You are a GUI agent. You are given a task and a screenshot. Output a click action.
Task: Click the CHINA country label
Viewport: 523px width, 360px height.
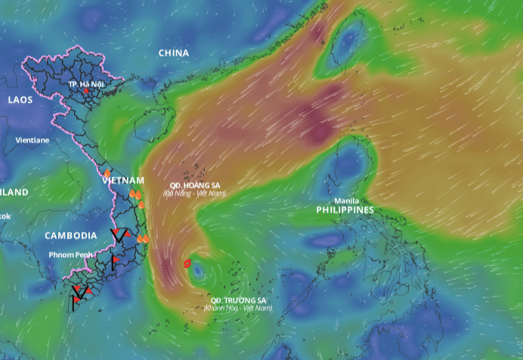(x=174, y=53)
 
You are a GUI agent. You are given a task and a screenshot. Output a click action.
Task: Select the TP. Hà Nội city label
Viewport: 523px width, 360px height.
(x=85, y=83)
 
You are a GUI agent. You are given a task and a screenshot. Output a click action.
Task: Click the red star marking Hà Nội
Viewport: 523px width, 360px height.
(x=86, y=91)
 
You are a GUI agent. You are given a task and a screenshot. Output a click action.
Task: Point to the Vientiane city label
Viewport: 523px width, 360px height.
(x=32, y=140)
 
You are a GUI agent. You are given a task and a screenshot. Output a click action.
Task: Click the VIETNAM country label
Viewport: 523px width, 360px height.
(x=122, y=180)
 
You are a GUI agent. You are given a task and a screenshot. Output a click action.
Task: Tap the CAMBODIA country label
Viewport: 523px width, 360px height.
(x=70, y=235)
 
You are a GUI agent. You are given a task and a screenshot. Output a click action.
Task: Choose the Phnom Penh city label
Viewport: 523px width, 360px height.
(x=71, y=254)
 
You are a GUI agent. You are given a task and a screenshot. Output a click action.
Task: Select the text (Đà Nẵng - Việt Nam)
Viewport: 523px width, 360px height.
(x=195, y=194)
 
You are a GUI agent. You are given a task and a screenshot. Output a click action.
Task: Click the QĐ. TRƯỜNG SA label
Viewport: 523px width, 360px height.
(x=238, y=300)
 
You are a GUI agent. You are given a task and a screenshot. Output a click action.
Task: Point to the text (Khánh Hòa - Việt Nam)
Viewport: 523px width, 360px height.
(x=238, y=308)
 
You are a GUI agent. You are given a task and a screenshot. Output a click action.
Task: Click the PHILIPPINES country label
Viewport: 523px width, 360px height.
(x=345, y=209)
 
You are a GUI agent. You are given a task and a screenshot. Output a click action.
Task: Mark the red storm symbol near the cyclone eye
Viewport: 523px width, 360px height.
(x=187, y=263)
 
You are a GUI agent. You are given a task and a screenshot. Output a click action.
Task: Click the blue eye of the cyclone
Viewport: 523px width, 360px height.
(x=197, y=268)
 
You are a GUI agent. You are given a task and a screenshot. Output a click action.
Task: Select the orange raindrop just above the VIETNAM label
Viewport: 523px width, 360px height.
(x=107, y=173)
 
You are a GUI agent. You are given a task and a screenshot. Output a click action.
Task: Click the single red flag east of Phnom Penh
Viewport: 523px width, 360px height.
(x=115, y=262)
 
